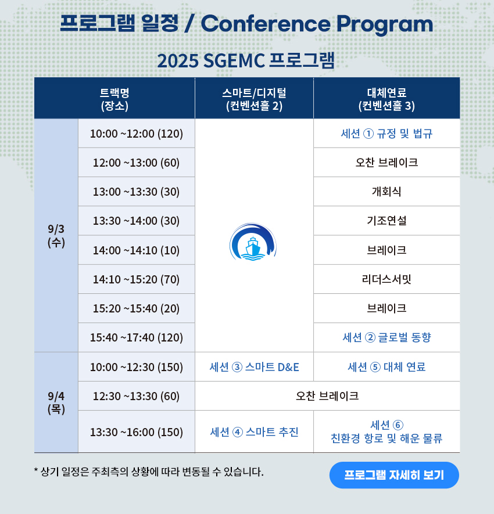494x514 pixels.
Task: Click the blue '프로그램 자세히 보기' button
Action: [394, 475]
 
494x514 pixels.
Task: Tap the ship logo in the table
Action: [253, 242]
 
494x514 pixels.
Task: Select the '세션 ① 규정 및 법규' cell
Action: [386, 134]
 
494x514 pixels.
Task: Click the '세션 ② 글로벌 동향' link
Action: [386, 337]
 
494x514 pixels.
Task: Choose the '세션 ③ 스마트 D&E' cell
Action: [254, 367]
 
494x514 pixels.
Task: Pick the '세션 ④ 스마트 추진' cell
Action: [254, 432]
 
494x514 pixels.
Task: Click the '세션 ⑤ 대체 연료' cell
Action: [386, 367]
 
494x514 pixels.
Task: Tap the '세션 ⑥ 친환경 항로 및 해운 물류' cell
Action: [386, 432]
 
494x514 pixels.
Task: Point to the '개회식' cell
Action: [386, 192]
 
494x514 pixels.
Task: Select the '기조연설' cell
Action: [386, 221]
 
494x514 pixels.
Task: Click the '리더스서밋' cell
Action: [386, 279]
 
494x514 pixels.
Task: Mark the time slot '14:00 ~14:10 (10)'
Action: [136, 250]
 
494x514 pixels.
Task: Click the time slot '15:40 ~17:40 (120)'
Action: [136, 337]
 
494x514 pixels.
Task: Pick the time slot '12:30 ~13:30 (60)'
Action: [136, 396]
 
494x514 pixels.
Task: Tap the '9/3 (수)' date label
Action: [56, 235]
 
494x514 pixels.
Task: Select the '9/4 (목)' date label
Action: [56, 402]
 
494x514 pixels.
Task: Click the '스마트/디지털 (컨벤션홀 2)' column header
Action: [254, 99]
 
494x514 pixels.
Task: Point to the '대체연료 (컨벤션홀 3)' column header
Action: [386, 99]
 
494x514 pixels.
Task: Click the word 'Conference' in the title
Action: [266, 24]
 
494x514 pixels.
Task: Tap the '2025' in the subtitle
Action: [178, 60]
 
